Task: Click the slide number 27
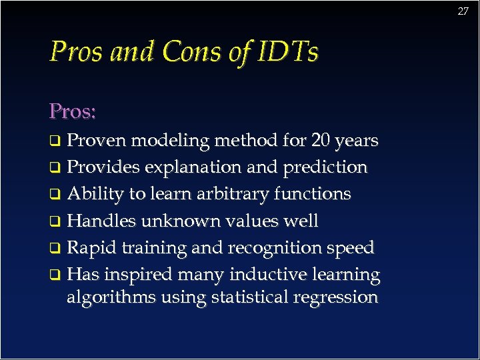(463, 11)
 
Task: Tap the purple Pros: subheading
(73, 111)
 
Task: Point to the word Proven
(99, 141)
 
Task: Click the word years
(356, 141)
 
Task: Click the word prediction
(325, 167)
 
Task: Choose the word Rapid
(91, 247)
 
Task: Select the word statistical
(248, 297)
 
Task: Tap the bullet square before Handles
(57, 221)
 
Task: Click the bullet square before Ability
(57, 195)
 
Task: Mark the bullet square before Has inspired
(57, 275)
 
